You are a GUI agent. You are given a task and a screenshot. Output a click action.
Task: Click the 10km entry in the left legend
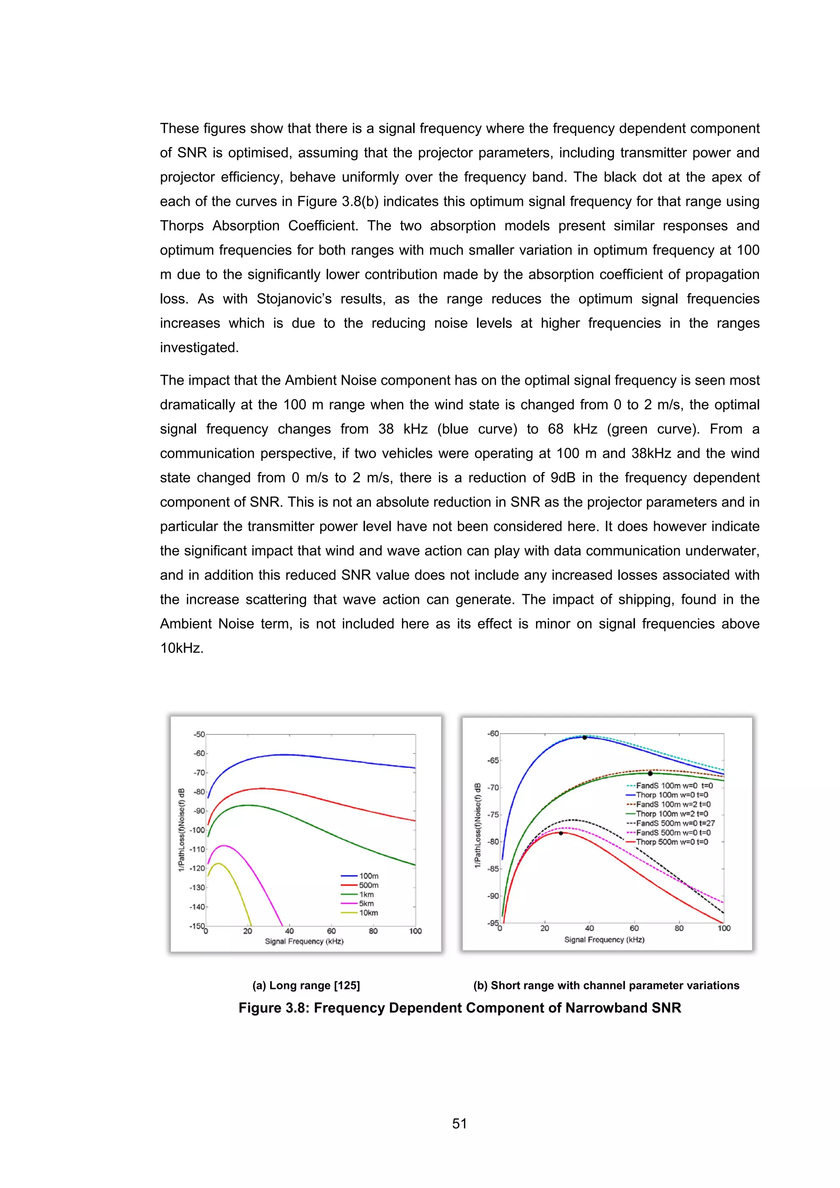pos(368,913)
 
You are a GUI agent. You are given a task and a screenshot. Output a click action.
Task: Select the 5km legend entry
pos(366,903)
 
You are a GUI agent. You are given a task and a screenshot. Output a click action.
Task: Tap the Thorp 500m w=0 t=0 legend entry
pos(672,842)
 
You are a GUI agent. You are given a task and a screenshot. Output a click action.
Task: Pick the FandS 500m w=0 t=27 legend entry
pos(675,823)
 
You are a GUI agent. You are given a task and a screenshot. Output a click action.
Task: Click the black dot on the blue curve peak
pos(584,737)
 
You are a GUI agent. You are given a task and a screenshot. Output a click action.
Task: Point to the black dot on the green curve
pos(650,774)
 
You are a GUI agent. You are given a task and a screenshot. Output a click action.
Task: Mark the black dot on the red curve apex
pos(561,833)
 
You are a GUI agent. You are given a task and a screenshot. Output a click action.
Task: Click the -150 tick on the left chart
pos(196,926)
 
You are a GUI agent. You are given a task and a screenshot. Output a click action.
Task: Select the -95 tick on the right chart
pos(493,923)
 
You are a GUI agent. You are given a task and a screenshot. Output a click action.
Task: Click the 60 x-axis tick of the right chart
pos(634,928)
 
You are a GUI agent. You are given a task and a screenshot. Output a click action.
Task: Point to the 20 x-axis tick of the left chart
pos(248,931)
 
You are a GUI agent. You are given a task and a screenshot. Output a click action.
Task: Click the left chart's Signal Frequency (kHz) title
pos(304,941)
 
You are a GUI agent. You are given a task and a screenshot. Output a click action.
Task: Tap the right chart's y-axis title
pos(478,825)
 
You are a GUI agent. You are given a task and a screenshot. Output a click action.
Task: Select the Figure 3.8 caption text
pos(459,1008)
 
